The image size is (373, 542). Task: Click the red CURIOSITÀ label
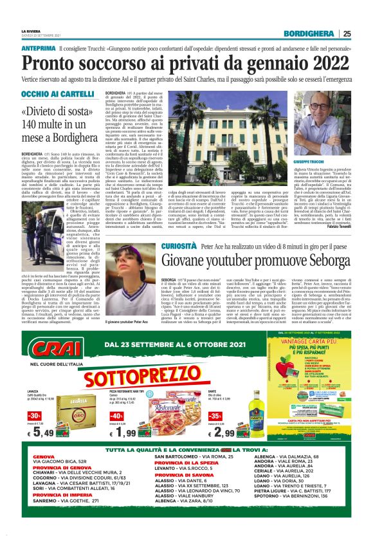pos(178,246)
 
